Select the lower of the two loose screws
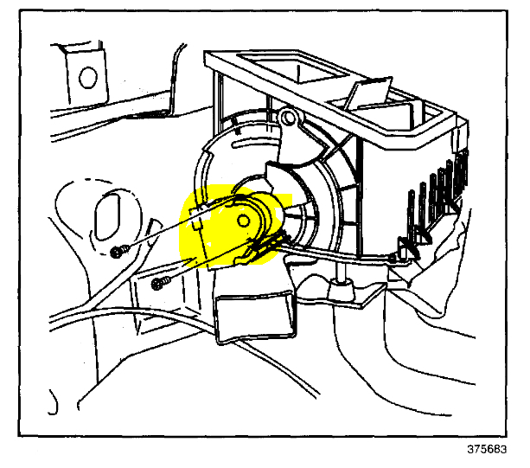click(x=156, y=283)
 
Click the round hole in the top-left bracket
click(x=86, y=77)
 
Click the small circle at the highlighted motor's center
click(x=245, y=220)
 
